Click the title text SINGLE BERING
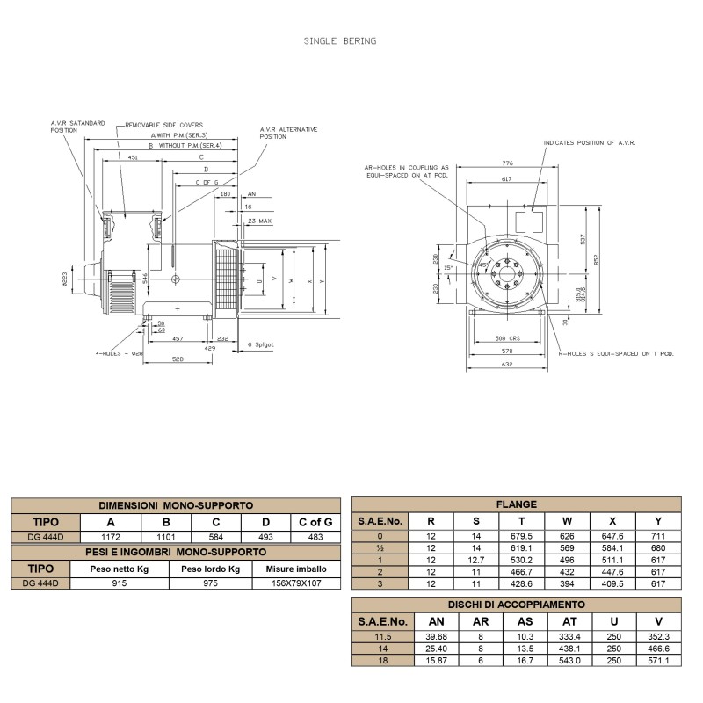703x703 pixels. pos(340,40)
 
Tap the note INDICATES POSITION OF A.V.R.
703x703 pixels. pos(589,141)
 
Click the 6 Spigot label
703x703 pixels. pos(261,344)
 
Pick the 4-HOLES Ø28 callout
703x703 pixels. pos(118,354)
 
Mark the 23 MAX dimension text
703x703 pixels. pos(260,221)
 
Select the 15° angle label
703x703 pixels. pos(448,267)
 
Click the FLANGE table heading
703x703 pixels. pos(516,504)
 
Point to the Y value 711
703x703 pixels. pos(658,535)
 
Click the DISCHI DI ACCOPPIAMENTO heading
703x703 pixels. pos(516,605)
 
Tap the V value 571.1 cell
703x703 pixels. pos(658,661)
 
